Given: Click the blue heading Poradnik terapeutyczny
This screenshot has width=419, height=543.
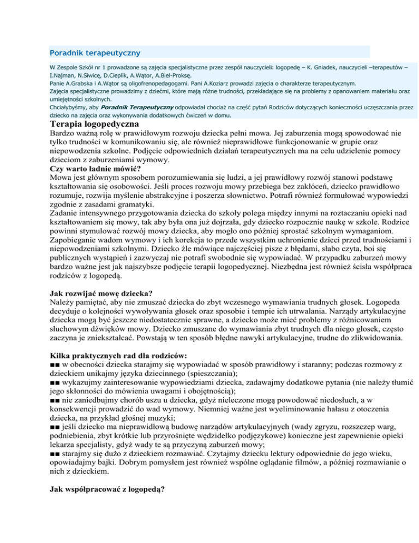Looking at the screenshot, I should point(94,53).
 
